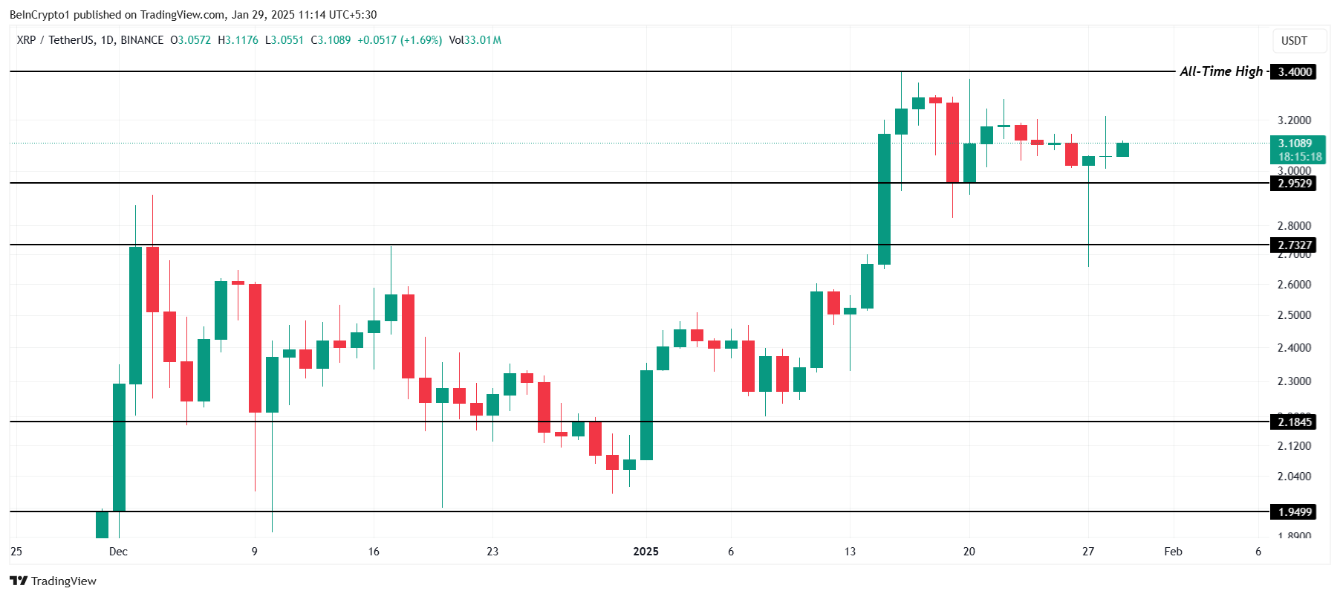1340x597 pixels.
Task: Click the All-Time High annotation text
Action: tap(1220, 71)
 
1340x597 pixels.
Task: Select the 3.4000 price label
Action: tap(1294, 72)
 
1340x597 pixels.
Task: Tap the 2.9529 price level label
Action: tap(1294, 184)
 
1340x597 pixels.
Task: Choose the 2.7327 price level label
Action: tap(1294, 245)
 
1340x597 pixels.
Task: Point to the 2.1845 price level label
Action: tap(1294, 422)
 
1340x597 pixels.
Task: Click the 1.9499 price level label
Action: tap(1294, 512)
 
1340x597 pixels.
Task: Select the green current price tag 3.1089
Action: tap(1294, 143)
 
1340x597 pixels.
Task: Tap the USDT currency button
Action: tap(1294, 41)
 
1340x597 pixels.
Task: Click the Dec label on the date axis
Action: tap(118, 552)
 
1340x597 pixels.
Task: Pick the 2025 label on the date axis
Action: tap(645, 552)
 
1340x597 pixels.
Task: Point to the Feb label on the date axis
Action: tap(1173, 552)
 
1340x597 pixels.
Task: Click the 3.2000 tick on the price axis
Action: tap(1294, 120)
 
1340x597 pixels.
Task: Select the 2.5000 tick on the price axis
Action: tap(1294, 315)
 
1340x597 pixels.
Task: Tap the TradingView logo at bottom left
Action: tap(53, 581)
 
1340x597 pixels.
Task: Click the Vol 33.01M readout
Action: tap(475, 40)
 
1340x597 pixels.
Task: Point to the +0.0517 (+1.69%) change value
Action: tap(400, 40)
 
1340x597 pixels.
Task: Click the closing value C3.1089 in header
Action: tap(331, 40)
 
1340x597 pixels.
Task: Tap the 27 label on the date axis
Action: tap(1088, 552)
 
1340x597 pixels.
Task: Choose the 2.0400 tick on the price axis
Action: tap(1294, 477)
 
